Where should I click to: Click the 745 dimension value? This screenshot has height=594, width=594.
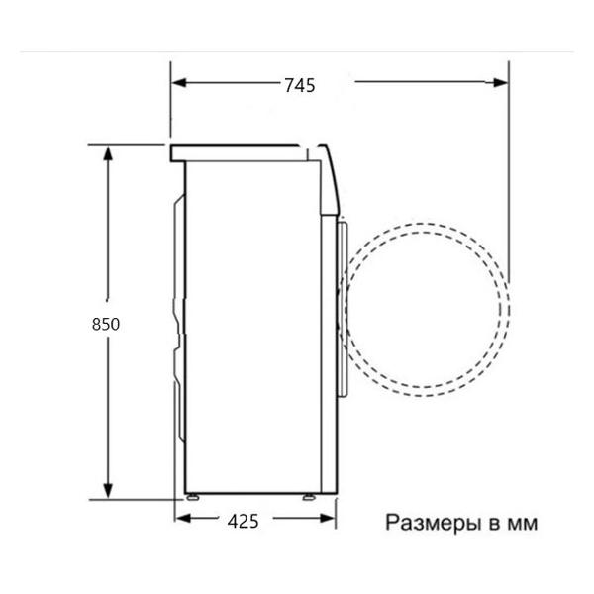pos(298,85)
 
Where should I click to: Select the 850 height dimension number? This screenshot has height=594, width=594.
pos(106,324)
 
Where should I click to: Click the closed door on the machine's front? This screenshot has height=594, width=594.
pos(342,307)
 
